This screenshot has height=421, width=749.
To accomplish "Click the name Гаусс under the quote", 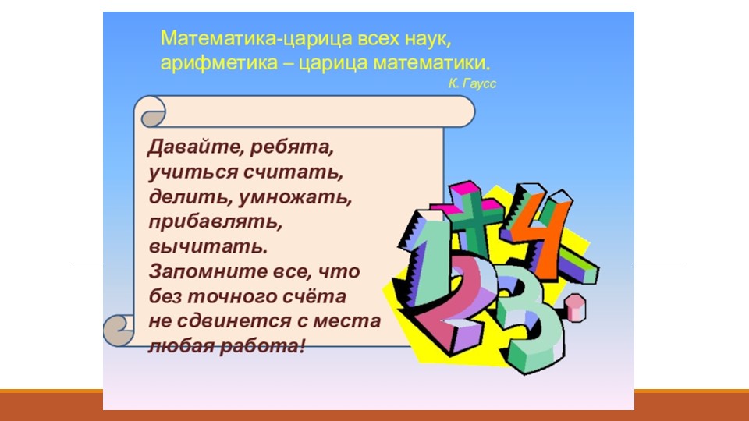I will coord(479,81).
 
